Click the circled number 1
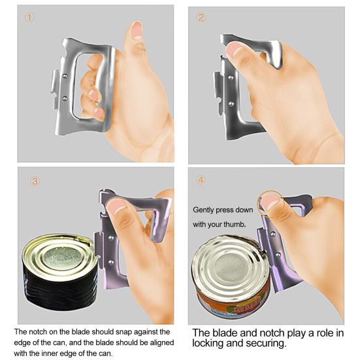click(x=29, y=17)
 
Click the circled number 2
click(x=201, y=18)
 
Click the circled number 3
click(x=35, y=182)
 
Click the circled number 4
click(x=201, y=180)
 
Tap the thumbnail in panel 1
click(x=137, y=30)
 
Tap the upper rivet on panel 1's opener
click(x=65, y=75)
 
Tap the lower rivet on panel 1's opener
click(x=65, y=99)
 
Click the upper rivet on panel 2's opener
click(x=231, y=78)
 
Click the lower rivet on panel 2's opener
click(x=231, y=105)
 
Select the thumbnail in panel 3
click(x=116, y=206)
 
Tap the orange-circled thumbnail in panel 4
click(x=270, y=201)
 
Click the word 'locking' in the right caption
click(x=208, y=344)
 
